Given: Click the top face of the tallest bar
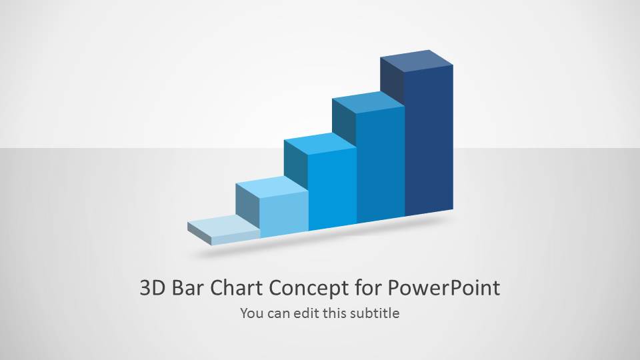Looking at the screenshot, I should [417, 62].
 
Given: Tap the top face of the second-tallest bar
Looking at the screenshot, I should [369, 101].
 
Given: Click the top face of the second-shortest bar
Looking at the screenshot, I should [272, 188].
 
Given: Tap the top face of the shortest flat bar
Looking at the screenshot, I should [223, 226].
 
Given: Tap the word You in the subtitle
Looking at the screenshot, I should [251, 312].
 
